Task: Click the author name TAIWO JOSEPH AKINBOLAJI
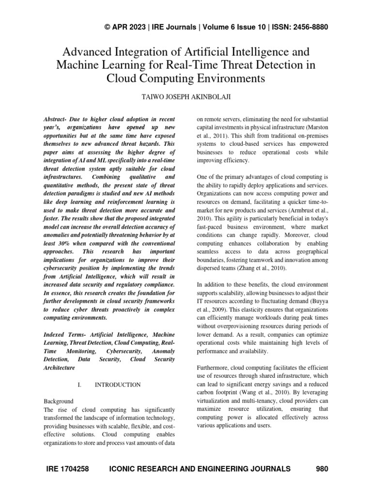coord(186,97)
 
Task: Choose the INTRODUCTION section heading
coord(118,385)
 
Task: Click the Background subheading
coord(59,402)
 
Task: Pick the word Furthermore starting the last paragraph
coord(214,368)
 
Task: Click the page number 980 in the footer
coord(322,468)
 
